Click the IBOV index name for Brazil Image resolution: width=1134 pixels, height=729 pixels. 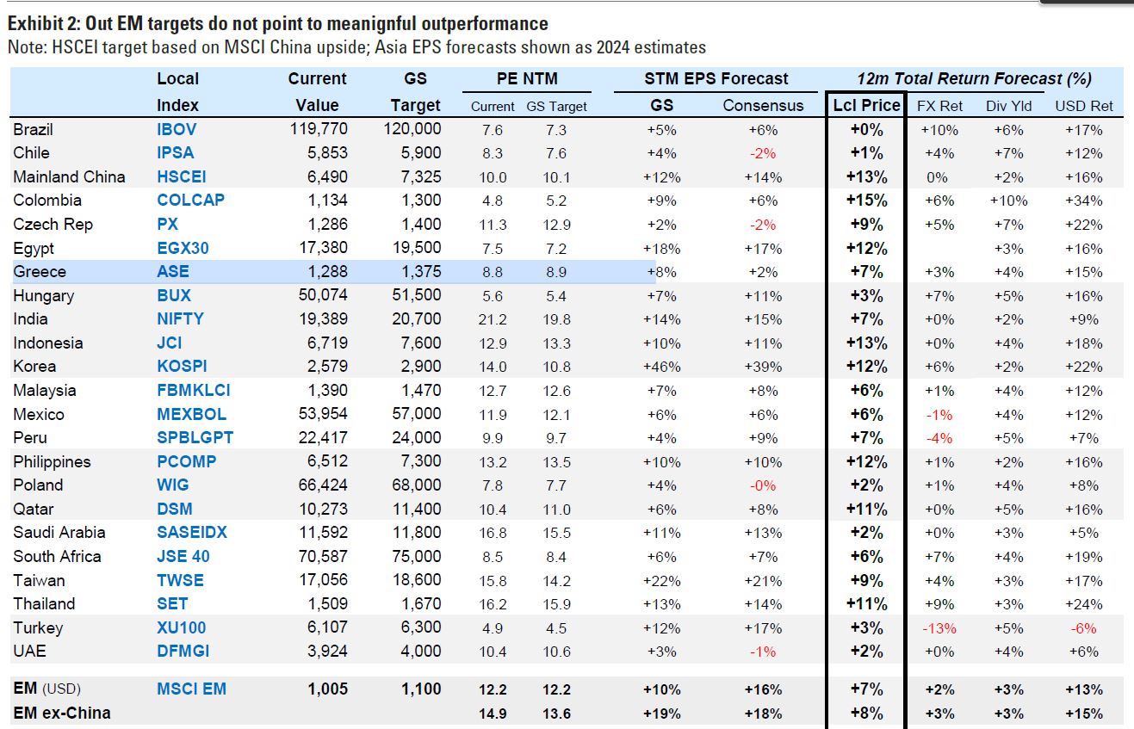[x=177, y=129]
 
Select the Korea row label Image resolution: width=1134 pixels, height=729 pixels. [x=36, y=366]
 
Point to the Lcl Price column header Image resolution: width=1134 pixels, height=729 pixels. [x=866, y=105]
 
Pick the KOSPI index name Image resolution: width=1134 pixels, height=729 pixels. [x=182, y=366]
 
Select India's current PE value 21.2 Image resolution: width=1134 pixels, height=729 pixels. [x=493, y=319]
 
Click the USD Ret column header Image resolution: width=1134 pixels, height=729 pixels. [x=1084, y=106]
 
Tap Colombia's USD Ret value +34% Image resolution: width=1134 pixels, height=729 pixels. [x=1083, y=201]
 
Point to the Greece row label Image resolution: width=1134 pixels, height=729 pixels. [x=40, y=271]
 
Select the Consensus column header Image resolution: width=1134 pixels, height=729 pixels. [x=763, y=106]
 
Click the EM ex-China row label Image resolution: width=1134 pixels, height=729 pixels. [x=62, y=713]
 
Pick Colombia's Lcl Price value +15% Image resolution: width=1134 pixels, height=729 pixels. [x=866, y=201]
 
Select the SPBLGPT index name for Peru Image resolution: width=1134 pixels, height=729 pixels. [x=195, y=437]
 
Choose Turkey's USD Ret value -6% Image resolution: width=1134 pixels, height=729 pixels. [x=1083, y=627]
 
